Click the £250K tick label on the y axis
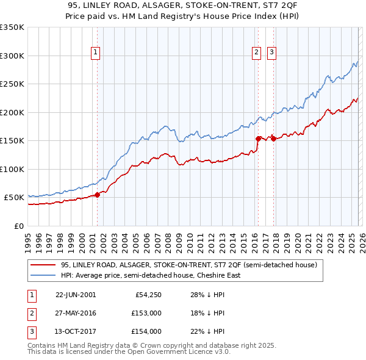(12, 84)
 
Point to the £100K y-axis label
(12, 169)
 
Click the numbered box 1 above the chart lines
(96, 53)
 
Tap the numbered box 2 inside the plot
(257, 53)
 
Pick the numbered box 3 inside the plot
(271, 53)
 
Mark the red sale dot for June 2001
(97, 195)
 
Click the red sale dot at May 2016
(258, 139)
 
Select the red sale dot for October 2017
(273, 139)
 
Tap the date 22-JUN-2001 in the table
(76, 295)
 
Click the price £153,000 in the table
(146, 313)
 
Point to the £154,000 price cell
(146, 331)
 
